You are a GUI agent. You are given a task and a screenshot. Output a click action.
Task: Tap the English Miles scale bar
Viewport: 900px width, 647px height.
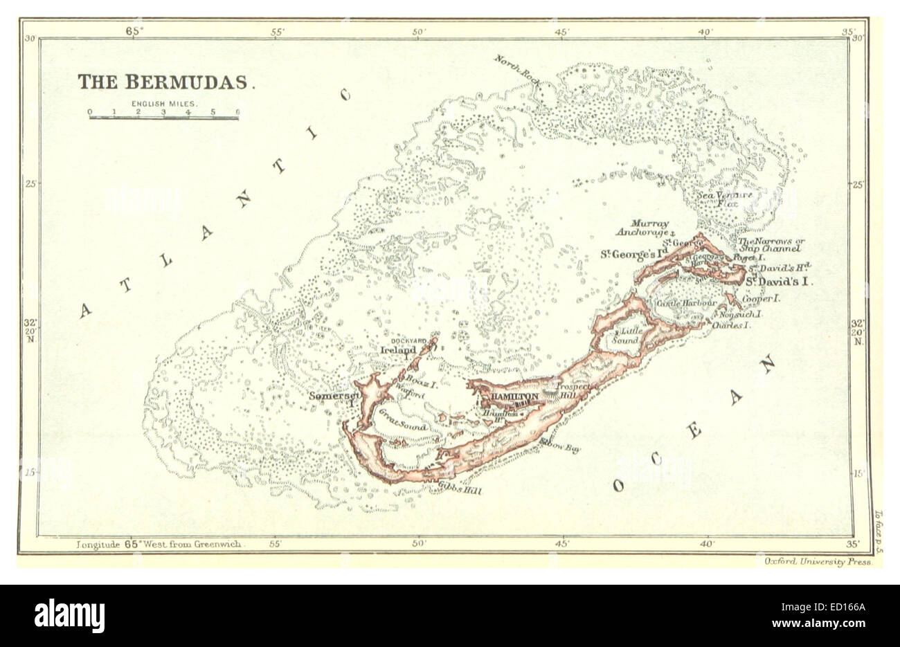click(163, 117)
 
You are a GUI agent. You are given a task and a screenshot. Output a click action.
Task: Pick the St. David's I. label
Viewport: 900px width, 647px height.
click(778, 282)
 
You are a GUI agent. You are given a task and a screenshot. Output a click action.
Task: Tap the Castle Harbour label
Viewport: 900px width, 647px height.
click(685, 304)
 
